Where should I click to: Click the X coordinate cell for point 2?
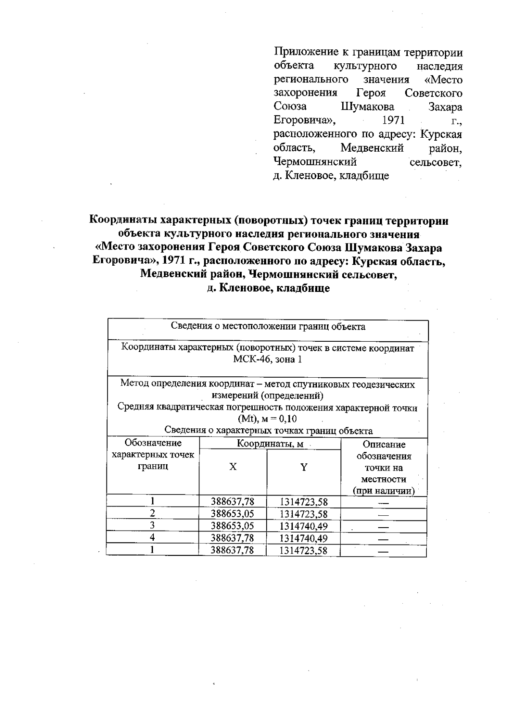pyautogui.click(x=232, y=514)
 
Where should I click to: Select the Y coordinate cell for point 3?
pyautogui.click(x=303, y=526)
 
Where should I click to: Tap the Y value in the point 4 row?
pyautogui.click(x=303, y=538)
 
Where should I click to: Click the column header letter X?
pyautogui.click(x=233, y=467)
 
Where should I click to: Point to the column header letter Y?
pyautogui.click(x=303, y=467)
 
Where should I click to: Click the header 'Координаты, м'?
pyautogui.click(x=270, y=444)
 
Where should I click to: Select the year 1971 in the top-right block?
pyautogui.click(x=393, y=121)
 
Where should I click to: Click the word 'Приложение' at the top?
pyautogui.click(x=304, y=53)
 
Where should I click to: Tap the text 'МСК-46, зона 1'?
pyautogui.click(x=268, y=359)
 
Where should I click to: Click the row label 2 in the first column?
pyautogui.click(x=153, y=514)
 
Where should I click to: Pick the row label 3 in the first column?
pyautogui.click(x=153, y=525)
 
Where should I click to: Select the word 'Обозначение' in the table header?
pyautogui.click(x=153, y=443)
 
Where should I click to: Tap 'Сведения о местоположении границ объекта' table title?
pyautogui.click(x=268, y=327)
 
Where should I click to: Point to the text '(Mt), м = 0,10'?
pyautogui.click(x=267, y=419)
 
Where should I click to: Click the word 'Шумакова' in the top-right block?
pyautogui.click(x=367, y=107)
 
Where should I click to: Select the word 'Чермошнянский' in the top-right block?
pyautogui.click(x=315, y=162)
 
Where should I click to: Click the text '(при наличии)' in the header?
pyautogui.click(x=384, y=491)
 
